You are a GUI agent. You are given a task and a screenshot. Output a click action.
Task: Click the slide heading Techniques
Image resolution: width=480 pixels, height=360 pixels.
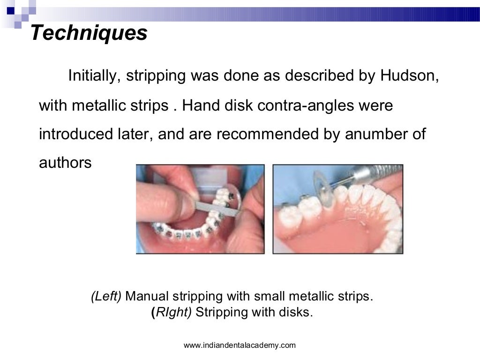point(89,33)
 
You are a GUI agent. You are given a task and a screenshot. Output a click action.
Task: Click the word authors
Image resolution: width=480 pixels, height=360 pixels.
point(65,163)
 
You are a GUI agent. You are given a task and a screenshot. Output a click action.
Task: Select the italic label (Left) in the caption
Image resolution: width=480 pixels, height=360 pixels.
point(106,296)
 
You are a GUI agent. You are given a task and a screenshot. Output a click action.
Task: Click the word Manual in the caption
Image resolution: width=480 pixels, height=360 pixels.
point(147,296)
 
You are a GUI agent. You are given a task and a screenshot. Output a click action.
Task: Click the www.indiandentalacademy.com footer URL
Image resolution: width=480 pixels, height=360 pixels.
point(240,345)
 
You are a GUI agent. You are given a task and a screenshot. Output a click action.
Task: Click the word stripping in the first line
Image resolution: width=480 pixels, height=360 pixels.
point(155,76)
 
